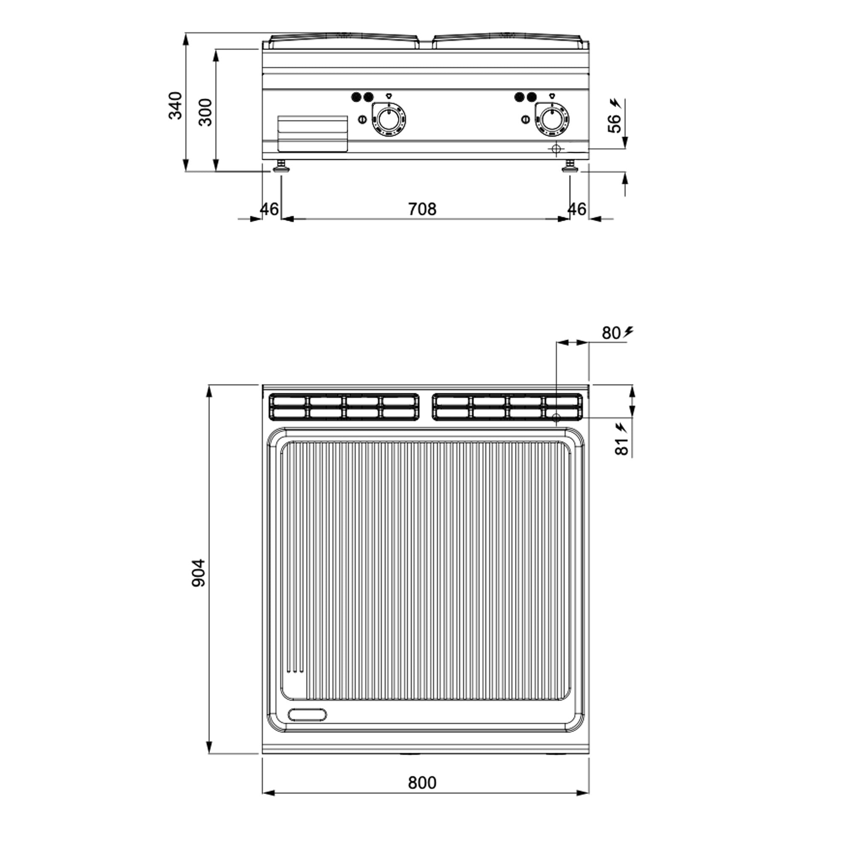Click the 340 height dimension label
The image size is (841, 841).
coord(175,106)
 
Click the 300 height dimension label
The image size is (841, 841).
coord(205,112)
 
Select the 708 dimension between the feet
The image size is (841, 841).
coord(422,209)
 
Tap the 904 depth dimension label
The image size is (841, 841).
coord(198,573)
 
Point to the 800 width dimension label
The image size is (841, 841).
coord(422,783)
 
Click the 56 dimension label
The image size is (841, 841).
coord(614,123)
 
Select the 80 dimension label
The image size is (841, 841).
coord(611,333)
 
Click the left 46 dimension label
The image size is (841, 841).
coord(269,209)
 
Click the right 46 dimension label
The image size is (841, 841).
coord(577,209)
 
